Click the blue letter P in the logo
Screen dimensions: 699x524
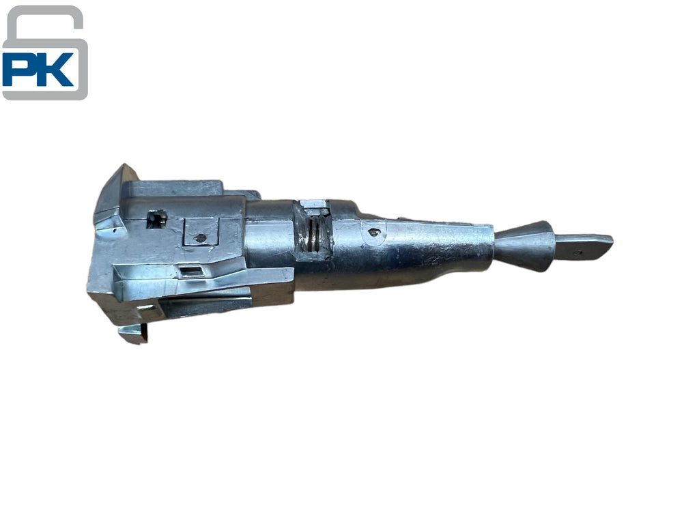pyautogui.click(x=20, y=69)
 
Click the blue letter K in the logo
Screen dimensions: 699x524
pyautogui.click(x=56, y=70)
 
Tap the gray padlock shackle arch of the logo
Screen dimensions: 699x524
pyautogui.click(x=44, y=23)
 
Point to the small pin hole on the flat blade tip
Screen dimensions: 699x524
pyautogui.click(x=577, y=252)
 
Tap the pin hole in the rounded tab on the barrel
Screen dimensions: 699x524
pyautogui.click(x=373, y=232)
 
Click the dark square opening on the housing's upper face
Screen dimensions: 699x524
pyautogui.click(x=157, y=218)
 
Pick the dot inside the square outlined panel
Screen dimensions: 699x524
pyautogui.click(x=201, y=238)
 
